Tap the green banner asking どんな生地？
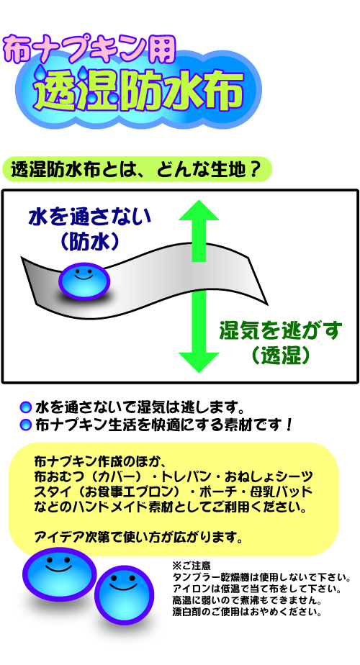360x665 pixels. pos(137,170)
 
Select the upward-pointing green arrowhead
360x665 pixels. pos(199,210)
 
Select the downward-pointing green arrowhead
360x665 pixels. pos(199,362)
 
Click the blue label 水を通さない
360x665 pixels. pos(89,217)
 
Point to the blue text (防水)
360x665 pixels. pos(89,242)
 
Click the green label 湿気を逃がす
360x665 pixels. pos(281,331)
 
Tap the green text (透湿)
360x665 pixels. pos(281,356)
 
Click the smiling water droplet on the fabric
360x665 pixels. pos(84,281)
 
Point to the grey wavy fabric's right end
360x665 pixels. pos(266,304)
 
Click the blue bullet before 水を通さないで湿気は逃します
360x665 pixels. pos(26,407)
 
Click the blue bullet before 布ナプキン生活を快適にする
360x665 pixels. pos(26,425)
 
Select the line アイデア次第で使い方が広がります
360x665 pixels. pos(138,538)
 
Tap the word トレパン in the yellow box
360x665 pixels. pos(183,476)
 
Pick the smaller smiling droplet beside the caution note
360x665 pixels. pos(124,593)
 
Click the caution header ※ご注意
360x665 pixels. pos(191,566)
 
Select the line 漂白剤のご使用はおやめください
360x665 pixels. pos(246,612)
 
